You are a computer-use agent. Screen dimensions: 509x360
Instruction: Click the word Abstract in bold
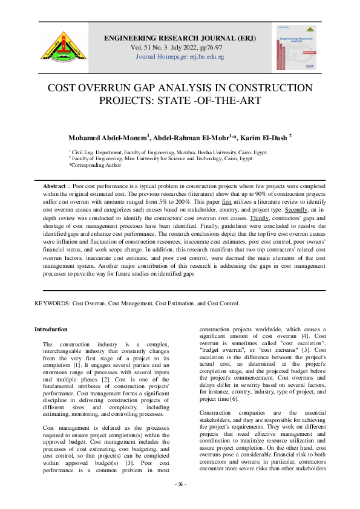point(54,184)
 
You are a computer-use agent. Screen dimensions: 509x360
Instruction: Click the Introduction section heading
point(51,329)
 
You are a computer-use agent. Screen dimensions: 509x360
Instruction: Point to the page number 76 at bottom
point(180,501)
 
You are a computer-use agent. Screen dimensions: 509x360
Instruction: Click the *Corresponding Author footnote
point(95,165)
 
